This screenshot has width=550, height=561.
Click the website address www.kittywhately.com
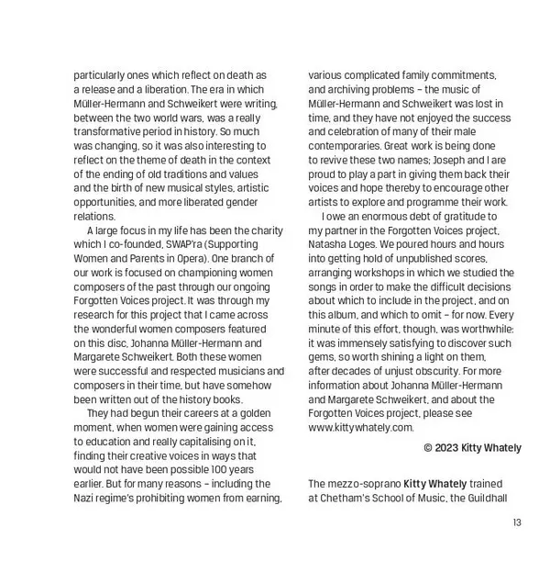point(361,427)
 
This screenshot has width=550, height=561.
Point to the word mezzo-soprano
point(364,483)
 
